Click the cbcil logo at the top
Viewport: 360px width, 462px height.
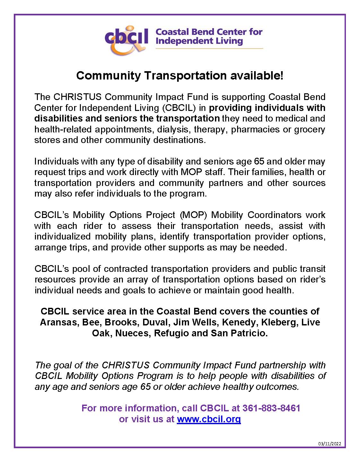point(126,39)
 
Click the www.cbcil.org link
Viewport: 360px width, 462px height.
point(209,419)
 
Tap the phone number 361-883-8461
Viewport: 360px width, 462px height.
point(271,408)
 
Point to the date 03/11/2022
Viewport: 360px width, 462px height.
point(330,444)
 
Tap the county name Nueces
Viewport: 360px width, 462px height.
point(133,333)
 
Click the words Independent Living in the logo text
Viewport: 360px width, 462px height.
point(199,41)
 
